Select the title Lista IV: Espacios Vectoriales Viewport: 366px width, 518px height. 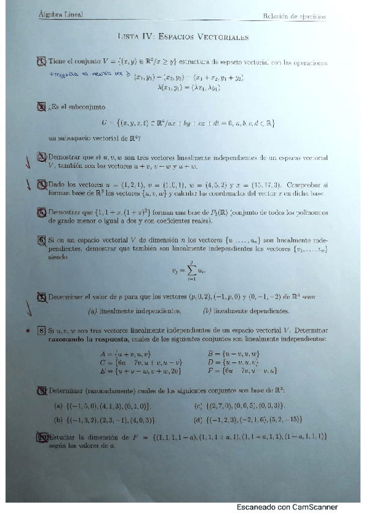[x=183, y=37]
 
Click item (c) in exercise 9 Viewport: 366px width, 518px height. [x=240, y=406]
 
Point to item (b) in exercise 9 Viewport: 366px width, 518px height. [x=106, y=420]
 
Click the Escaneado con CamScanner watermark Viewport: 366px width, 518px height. [x=287, y=507]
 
